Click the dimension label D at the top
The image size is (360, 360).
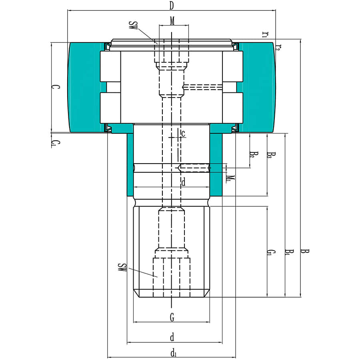pos(172,6)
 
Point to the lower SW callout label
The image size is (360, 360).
pos(122,268)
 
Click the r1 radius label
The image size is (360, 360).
pos(265,34)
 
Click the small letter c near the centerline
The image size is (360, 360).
pos(183,134)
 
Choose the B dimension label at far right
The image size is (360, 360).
pos(305,251)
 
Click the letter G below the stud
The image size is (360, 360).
pos(172,318)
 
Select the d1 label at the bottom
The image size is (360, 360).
pos(173,353)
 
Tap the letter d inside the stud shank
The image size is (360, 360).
pos(184,183)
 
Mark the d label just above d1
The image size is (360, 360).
pos(172,337)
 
